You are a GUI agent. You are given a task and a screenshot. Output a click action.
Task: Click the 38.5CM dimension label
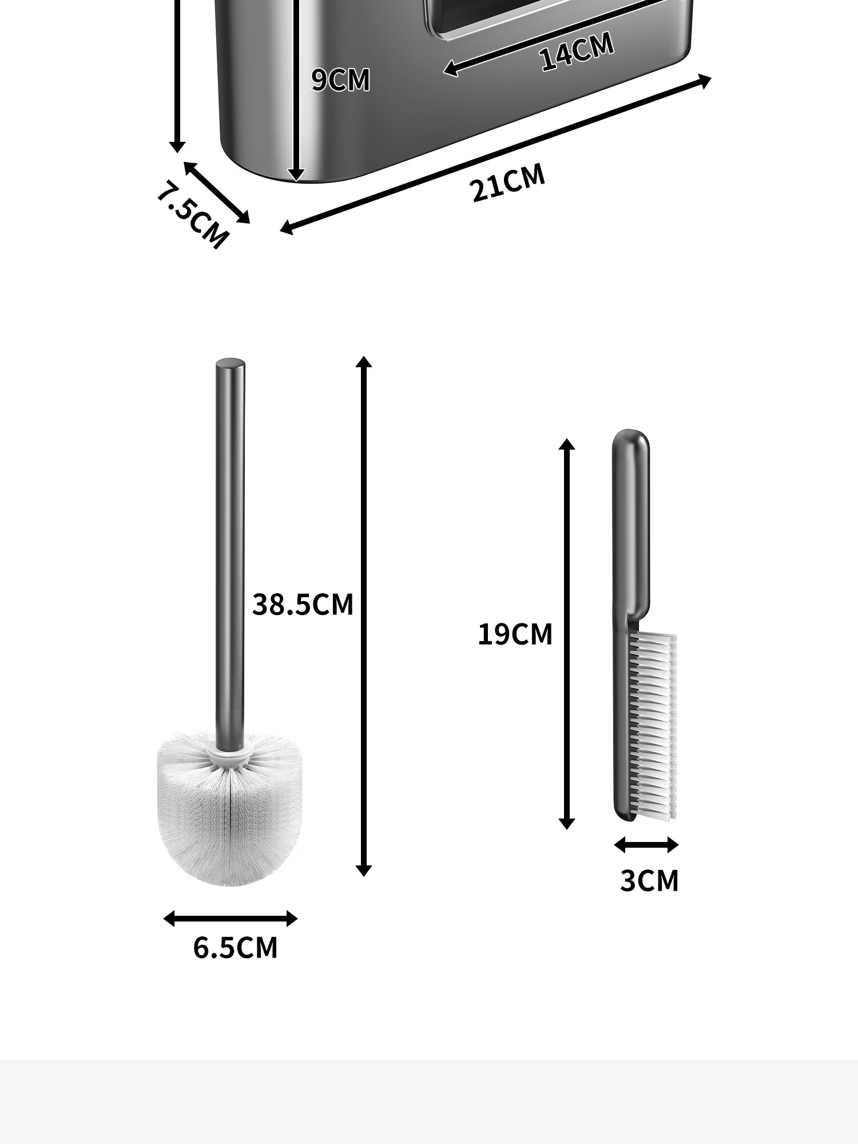pyautogui.click(x=303, y=605)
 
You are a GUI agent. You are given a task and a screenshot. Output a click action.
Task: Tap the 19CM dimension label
pyautogui.click(x=515, y=634)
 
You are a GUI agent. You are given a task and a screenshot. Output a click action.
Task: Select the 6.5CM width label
pyautogui.click(x=235, y=948)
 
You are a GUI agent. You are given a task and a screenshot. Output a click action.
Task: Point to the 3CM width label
pyautogui.click(x=649, y=881)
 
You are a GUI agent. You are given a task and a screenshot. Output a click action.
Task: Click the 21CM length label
pyautogui.click(x=508, y=183)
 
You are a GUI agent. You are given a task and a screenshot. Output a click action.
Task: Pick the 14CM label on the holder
pyautogui.click(x=577, y=51)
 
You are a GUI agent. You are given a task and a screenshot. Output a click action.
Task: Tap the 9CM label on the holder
pyautogui.click(x=341, y=80)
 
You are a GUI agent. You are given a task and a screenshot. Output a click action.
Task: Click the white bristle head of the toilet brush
pyautogui.click(x=229, y=808)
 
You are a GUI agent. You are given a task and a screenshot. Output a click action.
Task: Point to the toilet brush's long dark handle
pyautogui.click(x=230, y=555)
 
